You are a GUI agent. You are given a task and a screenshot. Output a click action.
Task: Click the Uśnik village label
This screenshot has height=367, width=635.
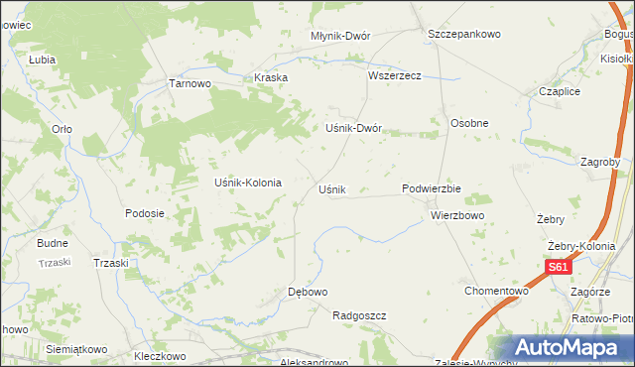tap(330, 189)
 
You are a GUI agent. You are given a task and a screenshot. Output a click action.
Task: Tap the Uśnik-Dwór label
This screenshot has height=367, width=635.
tap(354, 129)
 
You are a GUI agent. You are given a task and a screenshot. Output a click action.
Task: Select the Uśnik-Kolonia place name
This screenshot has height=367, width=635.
tap(248, 183)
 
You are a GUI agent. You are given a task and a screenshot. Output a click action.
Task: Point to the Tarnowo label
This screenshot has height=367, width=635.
tap(190, 84)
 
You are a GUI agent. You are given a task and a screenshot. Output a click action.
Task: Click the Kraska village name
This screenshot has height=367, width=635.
tap(271, 77)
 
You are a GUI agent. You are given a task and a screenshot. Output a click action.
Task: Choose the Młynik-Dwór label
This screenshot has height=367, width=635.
tap(340, 36)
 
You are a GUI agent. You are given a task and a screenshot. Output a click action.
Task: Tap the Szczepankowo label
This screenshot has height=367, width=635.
tap(464, 34)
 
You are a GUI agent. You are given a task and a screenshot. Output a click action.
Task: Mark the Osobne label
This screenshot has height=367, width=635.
tap(469, 123)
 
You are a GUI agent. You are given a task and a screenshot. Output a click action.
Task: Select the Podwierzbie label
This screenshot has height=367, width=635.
tap(432, 188)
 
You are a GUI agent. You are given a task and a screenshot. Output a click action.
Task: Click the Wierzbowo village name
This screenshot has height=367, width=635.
tap(457, 214)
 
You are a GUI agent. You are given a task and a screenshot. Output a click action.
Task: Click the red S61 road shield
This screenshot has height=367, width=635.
tap(560, 267)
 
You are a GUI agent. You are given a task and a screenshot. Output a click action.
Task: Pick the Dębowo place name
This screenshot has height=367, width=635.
tap(307, 292)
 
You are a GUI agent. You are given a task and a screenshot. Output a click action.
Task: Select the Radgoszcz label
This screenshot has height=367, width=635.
tap(359, 315)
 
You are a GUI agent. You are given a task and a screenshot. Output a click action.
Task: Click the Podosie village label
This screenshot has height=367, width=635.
tap(144, 213)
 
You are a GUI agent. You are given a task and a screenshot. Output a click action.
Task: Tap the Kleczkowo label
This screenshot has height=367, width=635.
tap(160, 354)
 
